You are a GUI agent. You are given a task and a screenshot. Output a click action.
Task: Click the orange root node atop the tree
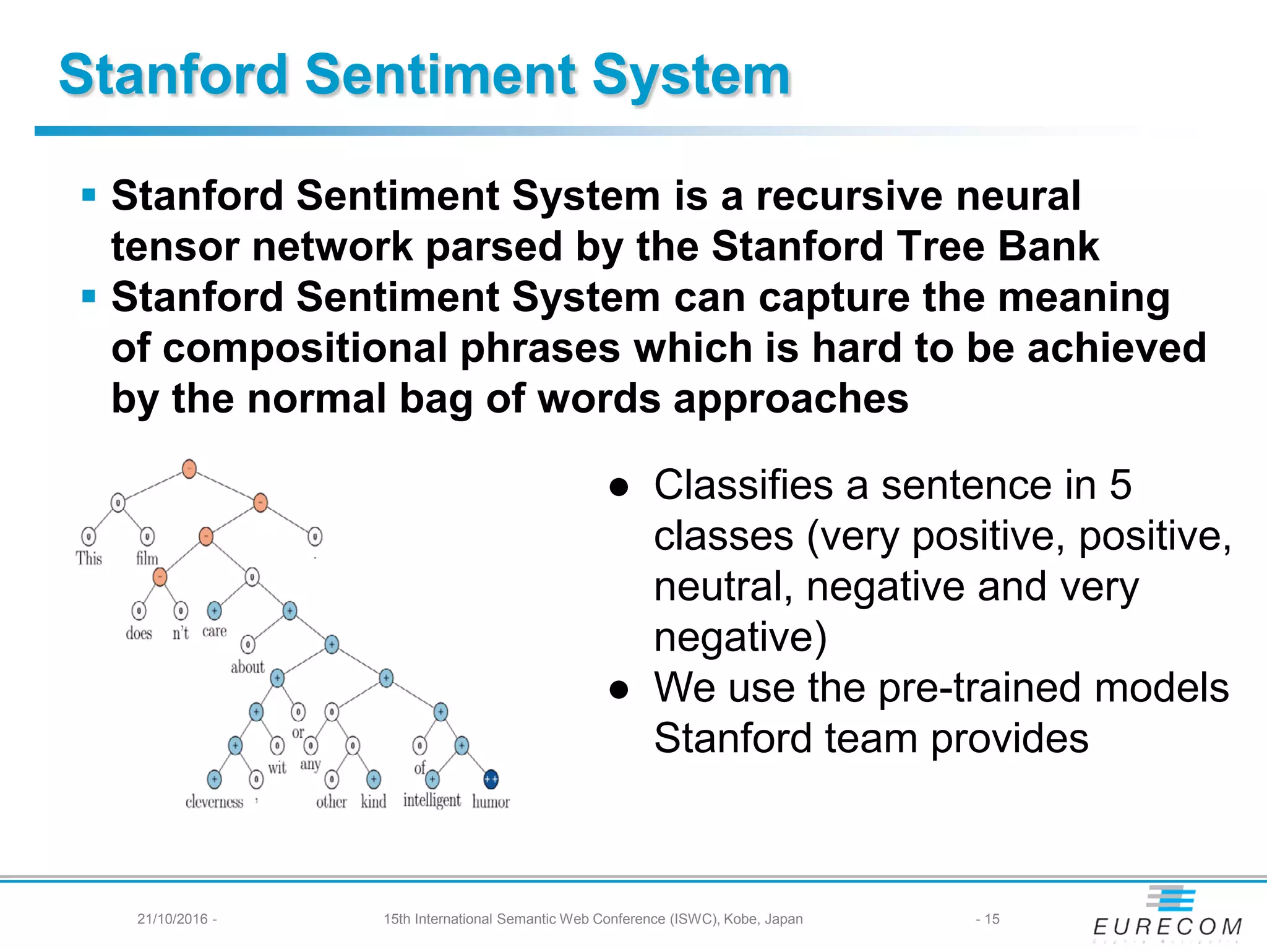pyautogui.click(x=189, y=469)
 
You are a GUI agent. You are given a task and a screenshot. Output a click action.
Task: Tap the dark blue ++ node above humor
pyautogui.click(x=491, y=779)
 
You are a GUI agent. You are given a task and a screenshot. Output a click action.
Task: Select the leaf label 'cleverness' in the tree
pyautogui.click(x=214, y=802)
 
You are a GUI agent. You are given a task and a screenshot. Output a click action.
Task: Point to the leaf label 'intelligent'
pyautogui.click(x=432, y=800)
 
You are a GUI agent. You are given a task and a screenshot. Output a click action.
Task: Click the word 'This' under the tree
pyautogui.click(x=88, y=558)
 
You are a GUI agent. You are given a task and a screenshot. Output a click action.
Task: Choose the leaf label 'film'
pyautogui.click(x=147, y=558)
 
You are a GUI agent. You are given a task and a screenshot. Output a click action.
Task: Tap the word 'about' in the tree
pyautogui.click(x=247, y=667)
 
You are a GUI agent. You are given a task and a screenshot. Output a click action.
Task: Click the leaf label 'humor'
pyautogui.click(x=491, y=802)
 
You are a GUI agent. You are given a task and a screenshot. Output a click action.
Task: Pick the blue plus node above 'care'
pyautogui.click(x=214, y=611)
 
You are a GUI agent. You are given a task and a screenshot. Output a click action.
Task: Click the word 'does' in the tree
pyautogui.click(x=139, y=633)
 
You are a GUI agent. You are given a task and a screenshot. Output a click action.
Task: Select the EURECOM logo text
pyautogui.click(x=1167, y=926)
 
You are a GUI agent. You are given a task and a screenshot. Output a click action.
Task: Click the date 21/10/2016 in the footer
pyautogui.click(x=173, y=919)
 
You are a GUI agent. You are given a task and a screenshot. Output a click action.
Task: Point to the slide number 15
pyautogui.click(x=992, y=919)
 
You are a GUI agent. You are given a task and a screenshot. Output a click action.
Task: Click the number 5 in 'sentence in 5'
pyautogui.click(x=1120, y=485)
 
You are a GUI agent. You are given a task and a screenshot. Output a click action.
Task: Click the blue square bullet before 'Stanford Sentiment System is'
pyautogui.click(x=89, y=195)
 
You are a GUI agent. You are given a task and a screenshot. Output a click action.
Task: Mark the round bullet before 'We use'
pyautogui.click(x=619, y=689)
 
